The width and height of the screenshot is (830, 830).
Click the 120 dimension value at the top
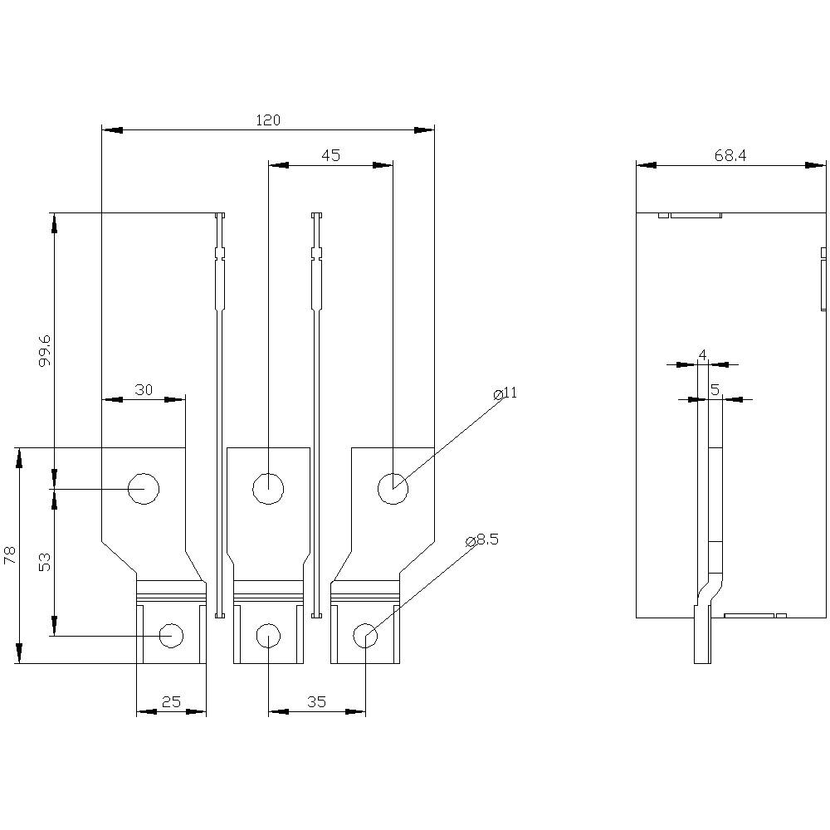coord(267,120)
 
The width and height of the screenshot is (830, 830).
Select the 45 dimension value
coord(330,155)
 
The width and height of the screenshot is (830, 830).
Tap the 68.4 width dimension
coord(730,155)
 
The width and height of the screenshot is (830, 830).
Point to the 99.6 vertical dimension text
coord(45,350)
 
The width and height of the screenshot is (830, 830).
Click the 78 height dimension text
coord(10,555)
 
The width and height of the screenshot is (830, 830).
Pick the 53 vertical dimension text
coord(45,563)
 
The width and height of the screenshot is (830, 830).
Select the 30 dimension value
coord(144,390)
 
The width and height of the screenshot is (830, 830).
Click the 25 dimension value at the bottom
coord(170,702)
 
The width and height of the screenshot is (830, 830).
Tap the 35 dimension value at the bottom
coord(316,702)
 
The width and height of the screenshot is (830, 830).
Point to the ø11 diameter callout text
coord(505,393)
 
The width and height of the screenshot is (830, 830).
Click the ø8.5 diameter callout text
coord(482,540)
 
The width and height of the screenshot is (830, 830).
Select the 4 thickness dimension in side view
coord(702,355)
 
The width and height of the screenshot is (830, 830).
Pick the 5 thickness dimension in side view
coord(714,389)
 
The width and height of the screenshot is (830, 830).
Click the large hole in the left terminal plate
coord(144,489)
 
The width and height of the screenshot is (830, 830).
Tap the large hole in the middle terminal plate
coord(268,489)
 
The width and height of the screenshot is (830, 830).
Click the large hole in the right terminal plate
coord(393,489)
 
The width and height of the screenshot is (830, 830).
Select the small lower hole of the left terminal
coord(171,636)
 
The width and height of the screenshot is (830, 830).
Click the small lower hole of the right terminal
coord(365,637)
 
